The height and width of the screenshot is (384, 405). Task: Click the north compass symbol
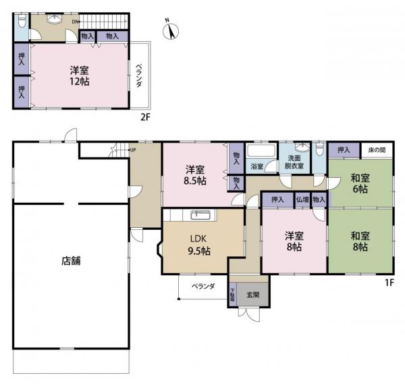click(x=171, y=30)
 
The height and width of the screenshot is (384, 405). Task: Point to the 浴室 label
click(x=256, y=166)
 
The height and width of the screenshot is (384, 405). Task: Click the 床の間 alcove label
click(x=377, y=150)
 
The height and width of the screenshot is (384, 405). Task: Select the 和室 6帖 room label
click(x=359, y=185)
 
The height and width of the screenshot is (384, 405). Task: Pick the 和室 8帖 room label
click(x=359, y=242)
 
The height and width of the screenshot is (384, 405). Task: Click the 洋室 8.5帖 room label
click(x=196, y=175)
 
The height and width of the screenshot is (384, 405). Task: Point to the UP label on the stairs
click(x=132, y=150)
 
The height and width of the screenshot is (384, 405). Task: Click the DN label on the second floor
click(x=75, y=21)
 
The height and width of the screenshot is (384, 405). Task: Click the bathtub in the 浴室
click(x=261, y=151)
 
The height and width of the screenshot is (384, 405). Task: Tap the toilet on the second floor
click(x=21, y=23)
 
